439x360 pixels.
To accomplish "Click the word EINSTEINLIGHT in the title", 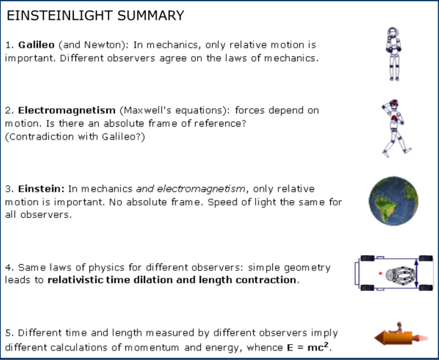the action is [x=60, y=16].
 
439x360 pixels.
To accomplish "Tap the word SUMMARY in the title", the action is [x=150, y=16].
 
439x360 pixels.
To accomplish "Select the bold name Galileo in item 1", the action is [x=36, y=45].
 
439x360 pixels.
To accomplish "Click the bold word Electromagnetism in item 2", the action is [x=67, y=110].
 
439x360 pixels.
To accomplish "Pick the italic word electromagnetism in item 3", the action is [x=201, y=189].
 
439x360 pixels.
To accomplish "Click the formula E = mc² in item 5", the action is [x=308, y=347].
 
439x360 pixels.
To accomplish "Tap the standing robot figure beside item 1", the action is [x=394, y=54].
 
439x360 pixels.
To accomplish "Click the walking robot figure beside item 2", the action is [x=396, y=128].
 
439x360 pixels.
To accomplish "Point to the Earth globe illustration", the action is [x=393, y=201].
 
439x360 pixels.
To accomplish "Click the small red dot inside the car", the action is [x=380, y=273].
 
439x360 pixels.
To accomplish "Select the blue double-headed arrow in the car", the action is [x=416, y=273].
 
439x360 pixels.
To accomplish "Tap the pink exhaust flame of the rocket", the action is [x=420, y=338].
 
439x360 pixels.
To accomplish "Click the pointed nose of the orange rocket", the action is [x=375, y=338].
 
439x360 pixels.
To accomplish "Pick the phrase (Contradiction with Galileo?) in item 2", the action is [x=75, y=137].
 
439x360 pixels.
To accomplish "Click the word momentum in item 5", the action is [x=151, y=348].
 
